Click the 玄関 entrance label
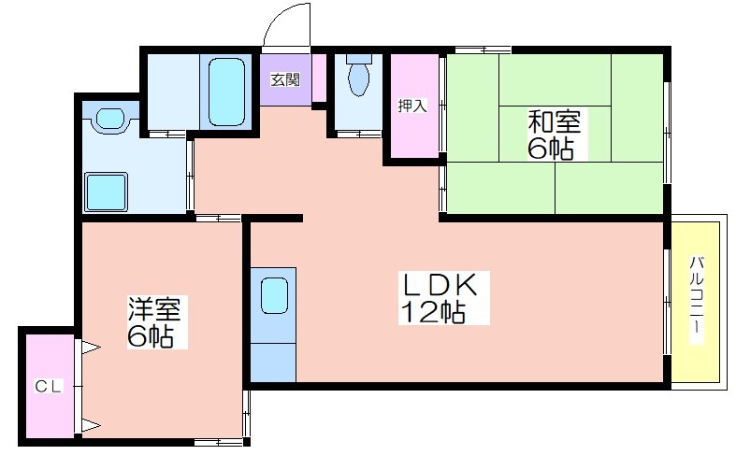[285, 80]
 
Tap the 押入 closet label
[412, 106]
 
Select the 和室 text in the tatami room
[554, 122]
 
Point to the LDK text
[438, 285]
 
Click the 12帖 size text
[433, 311]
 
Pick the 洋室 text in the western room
[154, 308]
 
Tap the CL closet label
[49, 387]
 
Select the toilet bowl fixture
[358, 75]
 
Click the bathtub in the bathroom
[226, 92]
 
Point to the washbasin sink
[110, 120]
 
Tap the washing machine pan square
[106, 192]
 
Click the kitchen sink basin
[274, 295]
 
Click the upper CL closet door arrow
[92, 348]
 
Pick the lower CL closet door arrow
[92, 426]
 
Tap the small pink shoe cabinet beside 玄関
[320, 78]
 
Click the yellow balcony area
[695, 302]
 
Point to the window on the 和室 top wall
[483, 50]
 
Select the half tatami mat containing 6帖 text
[555, 135]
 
